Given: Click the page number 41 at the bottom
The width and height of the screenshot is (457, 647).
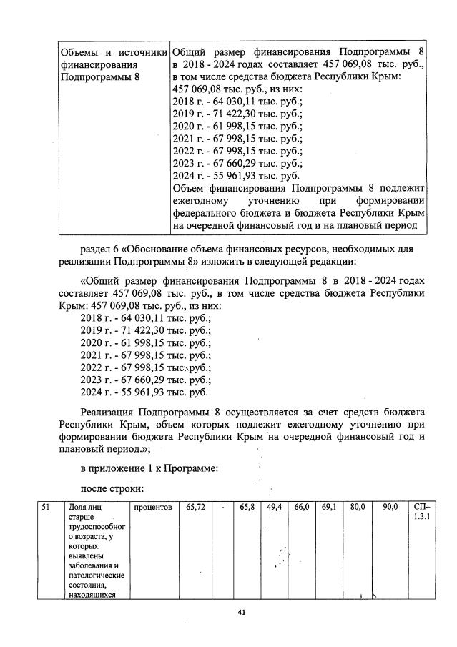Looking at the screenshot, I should (229, 611).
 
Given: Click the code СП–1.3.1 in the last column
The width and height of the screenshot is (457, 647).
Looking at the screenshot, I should (421, 512).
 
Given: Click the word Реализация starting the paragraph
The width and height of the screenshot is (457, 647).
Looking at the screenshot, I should (112, 412).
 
